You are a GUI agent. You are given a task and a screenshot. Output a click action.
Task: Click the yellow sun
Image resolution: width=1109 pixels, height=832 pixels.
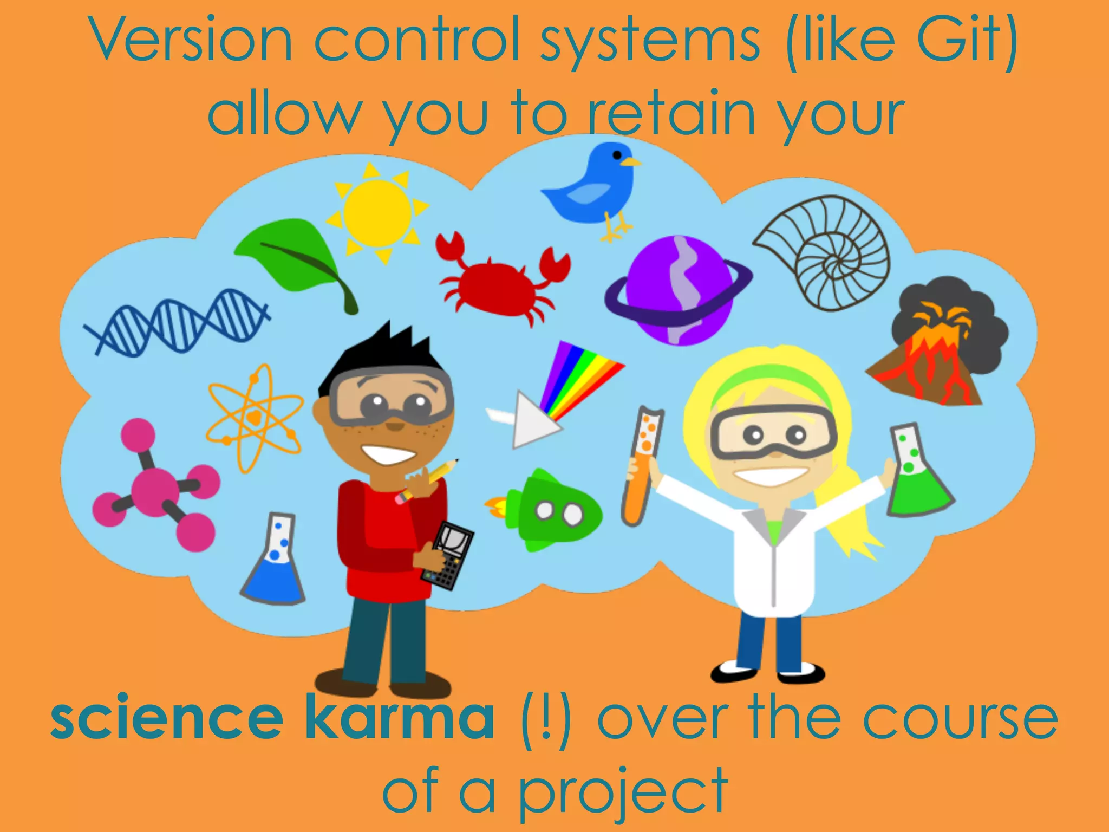(x=377, y=213)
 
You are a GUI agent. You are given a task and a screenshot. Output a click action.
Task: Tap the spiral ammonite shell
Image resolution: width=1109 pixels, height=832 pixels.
(x=829, y=252)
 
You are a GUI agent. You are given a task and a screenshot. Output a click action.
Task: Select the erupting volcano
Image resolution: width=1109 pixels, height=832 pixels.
(x=937, y=352)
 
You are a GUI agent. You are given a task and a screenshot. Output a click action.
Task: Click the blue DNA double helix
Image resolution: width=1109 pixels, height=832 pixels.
(x=176, y=322)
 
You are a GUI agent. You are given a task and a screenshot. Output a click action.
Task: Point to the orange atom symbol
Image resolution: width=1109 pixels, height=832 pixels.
(x=255, y=417)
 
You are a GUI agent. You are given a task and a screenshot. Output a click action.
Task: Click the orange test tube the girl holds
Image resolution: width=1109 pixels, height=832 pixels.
(x=642, y=466)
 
